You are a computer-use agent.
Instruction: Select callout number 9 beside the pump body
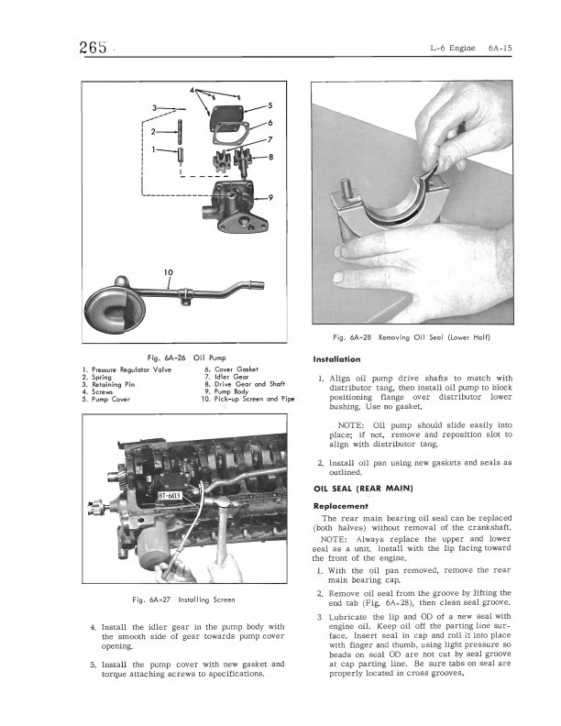click(x=270, y=198)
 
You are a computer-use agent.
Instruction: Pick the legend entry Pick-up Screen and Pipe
click(x=248, y=399)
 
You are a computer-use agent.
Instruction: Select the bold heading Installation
click(x=337, y=358)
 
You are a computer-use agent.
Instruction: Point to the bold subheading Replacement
click(x=341, y=505)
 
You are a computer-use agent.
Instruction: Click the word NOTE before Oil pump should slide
click(x=352, y=426)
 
